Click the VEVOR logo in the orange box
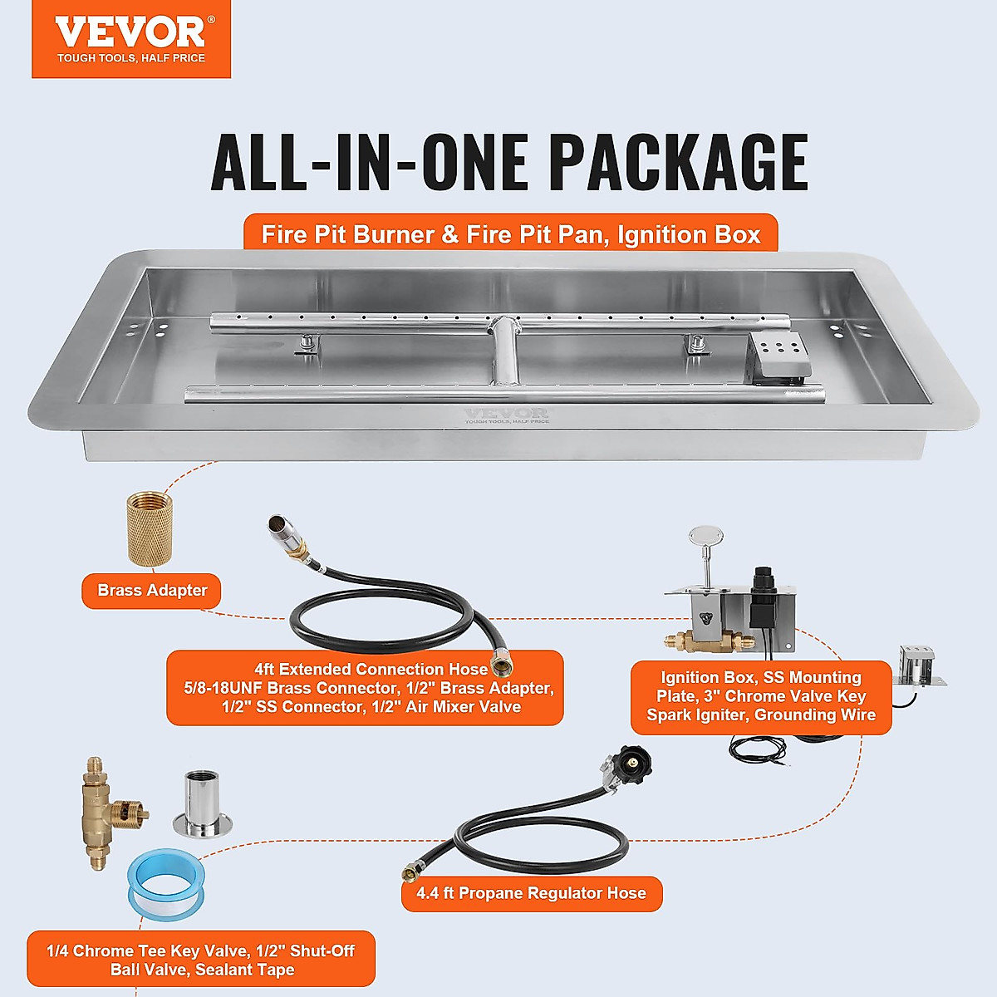pyautogui.click(x=130, y=33)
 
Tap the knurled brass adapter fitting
pyautogui.click(x=150, y=528)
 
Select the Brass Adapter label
pyautogui.click(x=152, y=591)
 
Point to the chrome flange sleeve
pyautogui.click(x=203, y=804)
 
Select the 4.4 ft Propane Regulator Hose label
pyautogui.click(x=532, y=894)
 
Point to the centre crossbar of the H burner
pyautogui.click(x=503, y=353)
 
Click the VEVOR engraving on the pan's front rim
pyautogui.click(x=506, y=415)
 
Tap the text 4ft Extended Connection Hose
pyautogui.click(x=371, y=669)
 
